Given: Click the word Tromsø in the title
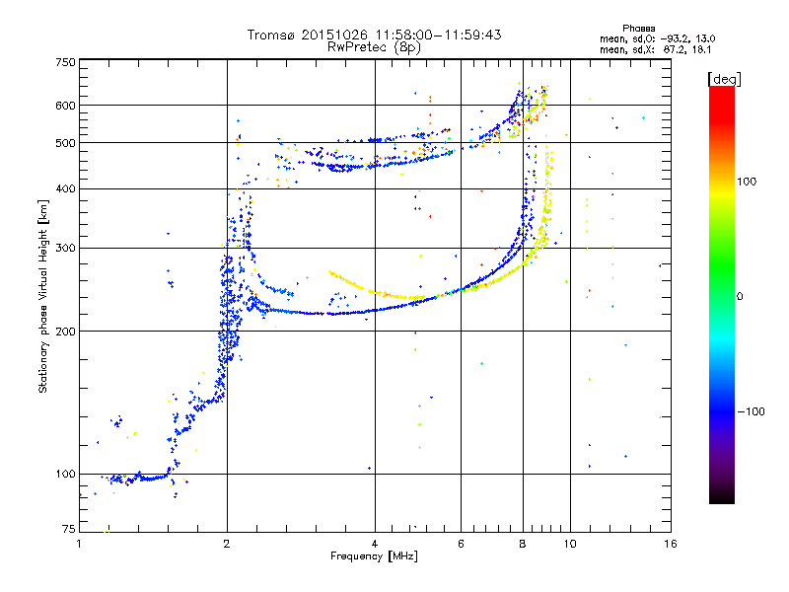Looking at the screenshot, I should [x=272, y=35].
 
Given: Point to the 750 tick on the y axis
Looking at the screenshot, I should [x=66, y=61].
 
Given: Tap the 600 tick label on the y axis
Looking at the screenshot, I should [x=66, y=105].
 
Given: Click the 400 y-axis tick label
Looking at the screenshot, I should [x=66, y=188].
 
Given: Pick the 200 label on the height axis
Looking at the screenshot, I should [x=66, y=331].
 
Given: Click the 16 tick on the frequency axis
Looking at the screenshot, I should [x=669, y=544].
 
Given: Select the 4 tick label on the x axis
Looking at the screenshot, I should [x=375, y=544].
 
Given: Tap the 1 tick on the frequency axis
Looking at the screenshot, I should [x=79, y=544].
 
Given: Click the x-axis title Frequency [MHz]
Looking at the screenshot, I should [x=373, y=556].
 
